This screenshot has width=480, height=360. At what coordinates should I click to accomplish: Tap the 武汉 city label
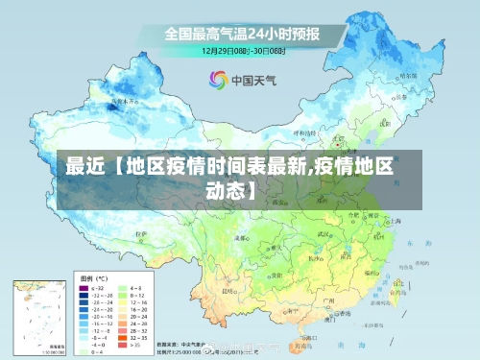(324, 233)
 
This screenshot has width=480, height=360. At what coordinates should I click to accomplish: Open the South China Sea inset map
(37, 316)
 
